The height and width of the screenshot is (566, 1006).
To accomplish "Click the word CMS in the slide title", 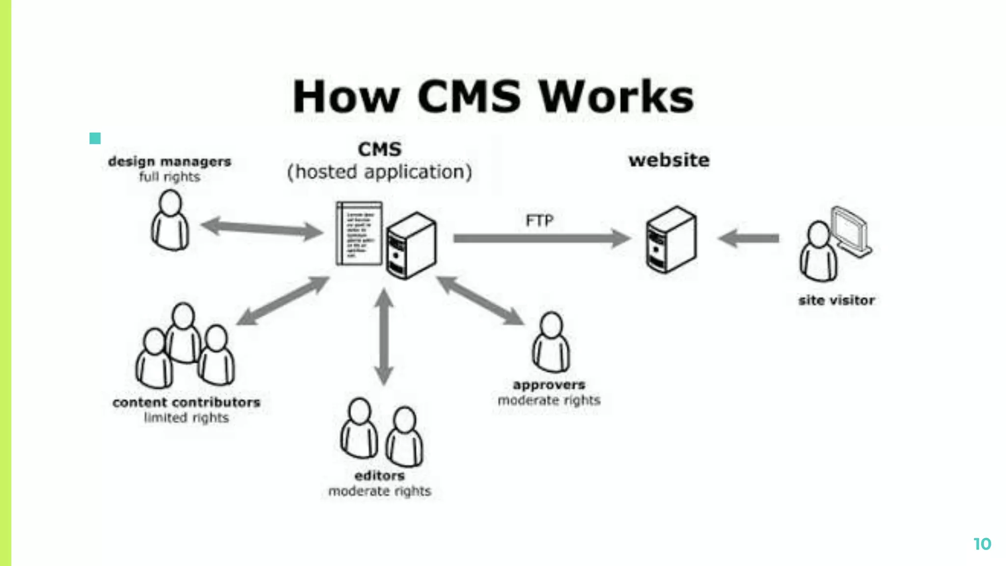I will [x=469, y=96].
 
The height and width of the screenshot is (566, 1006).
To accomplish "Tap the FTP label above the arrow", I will [x=539, y=221].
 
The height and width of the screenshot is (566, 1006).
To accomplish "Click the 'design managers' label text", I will [x=169, y=162].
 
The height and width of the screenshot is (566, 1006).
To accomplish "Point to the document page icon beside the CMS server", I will [x=359, y=234].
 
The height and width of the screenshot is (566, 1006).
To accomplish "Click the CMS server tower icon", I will [x=412, y=246].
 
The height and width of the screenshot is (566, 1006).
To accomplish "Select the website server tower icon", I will [x=671, y=239].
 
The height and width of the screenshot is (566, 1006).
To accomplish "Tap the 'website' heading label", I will [x=669, y=160].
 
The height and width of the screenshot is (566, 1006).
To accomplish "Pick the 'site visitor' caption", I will [x=837, y=300].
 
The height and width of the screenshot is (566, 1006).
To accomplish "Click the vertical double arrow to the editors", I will [x=384, y=337].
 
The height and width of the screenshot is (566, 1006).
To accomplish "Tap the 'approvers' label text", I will [x=549, y=385].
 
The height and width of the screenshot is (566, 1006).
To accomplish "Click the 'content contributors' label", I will [x=186, y=402].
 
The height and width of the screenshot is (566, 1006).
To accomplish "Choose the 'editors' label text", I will [x=379, y=476].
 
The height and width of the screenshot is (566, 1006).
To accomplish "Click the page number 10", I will [x=982, y=544].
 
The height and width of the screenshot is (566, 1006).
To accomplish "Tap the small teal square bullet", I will [x=95, y=139].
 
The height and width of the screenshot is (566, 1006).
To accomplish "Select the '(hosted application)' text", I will [x=379, y=172].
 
